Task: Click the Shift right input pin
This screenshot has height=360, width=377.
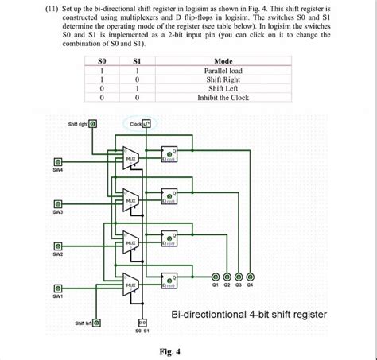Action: (x=94, y=124)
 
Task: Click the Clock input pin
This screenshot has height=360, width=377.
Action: (x=146, y=124)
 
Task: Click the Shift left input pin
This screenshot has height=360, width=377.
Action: (x=98, y=323)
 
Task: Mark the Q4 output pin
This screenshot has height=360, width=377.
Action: (x=251, y=271)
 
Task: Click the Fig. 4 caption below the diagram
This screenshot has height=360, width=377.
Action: (x=169, y=350)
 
